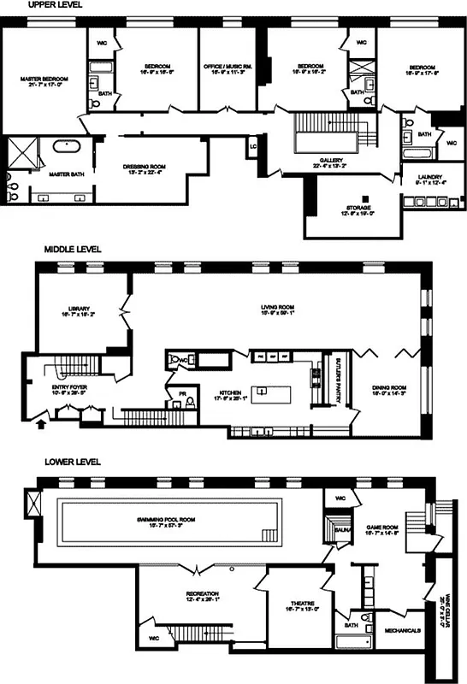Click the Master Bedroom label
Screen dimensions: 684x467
click(44, 82)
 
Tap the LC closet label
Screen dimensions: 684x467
click(253, 146)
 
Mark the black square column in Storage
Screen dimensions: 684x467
click(364, 192)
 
